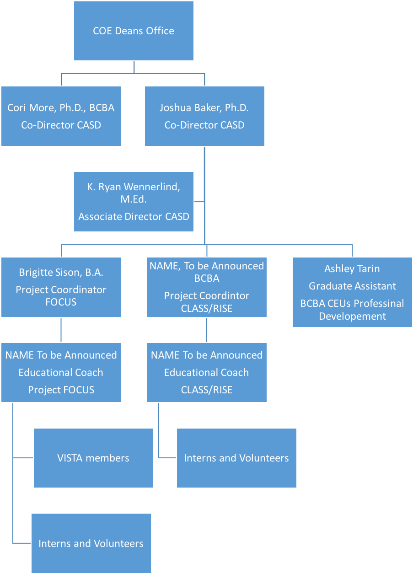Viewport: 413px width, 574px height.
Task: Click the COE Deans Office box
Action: point(134,31)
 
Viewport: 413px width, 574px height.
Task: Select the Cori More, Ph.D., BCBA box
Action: point(61,116)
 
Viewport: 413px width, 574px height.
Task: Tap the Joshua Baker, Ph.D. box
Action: point(204,116)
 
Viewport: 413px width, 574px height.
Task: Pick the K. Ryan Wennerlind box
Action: point(134,202)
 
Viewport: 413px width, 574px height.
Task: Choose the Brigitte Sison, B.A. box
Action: point(61,287)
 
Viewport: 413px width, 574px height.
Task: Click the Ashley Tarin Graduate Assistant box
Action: point(352,292)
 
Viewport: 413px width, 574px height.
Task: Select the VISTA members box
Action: point(93,458)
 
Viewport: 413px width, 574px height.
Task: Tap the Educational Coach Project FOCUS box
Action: point(61,372)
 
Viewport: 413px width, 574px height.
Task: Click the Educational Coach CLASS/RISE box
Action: point(207,372)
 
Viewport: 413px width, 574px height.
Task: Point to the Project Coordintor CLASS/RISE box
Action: point(207,287)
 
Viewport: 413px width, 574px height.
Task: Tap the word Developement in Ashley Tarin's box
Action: point(352,316)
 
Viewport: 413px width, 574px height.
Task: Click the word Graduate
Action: point(330,286)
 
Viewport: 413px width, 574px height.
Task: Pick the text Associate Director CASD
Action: point(134,216)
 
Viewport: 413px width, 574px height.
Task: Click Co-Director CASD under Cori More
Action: point(61,125)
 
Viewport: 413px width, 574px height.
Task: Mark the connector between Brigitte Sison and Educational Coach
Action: point(61,330)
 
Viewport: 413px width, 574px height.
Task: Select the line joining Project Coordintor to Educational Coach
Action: point(207,330)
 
